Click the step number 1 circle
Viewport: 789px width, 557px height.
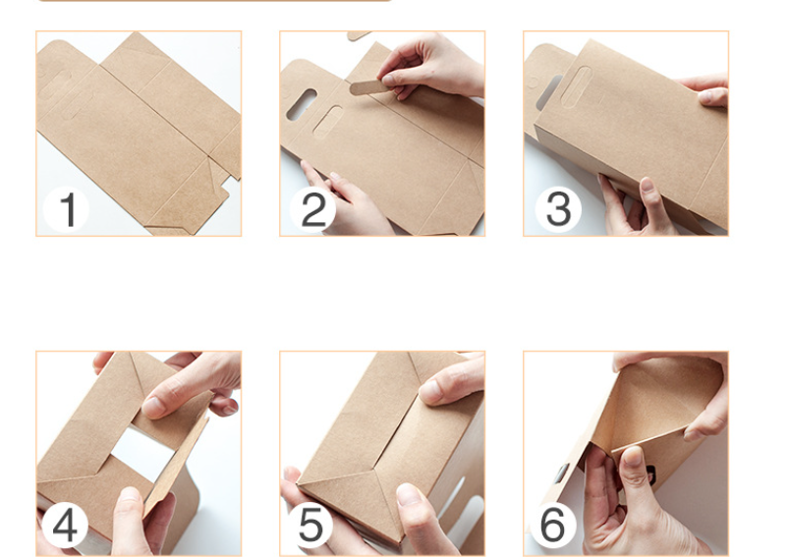[x=67, y=209]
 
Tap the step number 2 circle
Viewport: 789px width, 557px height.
[x=313, y=209]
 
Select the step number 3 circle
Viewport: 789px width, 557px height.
[x=558, y=209]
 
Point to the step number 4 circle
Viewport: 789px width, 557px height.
[x=65, y=525]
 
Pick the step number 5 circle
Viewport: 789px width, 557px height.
[x=310, y=525]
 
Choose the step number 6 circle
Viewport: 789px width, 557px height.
[x=553, y=525]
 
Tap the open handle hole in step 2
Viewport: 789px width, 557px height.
[x=301, y=105]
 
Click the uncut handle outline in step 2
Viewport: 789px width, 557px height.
[x=327, y=122]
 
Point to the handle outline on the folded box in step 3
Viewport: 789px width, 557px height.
[x=576, y=87]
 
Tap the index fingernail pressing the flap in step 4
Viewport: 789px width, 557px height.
[x=155, y=406]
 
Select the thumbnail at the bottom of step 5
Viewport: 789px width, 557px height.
[x=409, y=494]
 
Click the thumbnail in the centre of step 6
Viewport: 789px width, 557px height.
[x=633, y=456]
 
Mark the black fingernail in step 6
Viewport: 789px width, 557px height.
[x=650, y=475]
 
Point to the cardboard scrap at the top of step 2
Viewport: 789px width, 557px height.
[x=359, y=35]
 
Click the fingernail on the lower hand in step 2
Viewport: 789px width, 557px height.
[x=334, y=176]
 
